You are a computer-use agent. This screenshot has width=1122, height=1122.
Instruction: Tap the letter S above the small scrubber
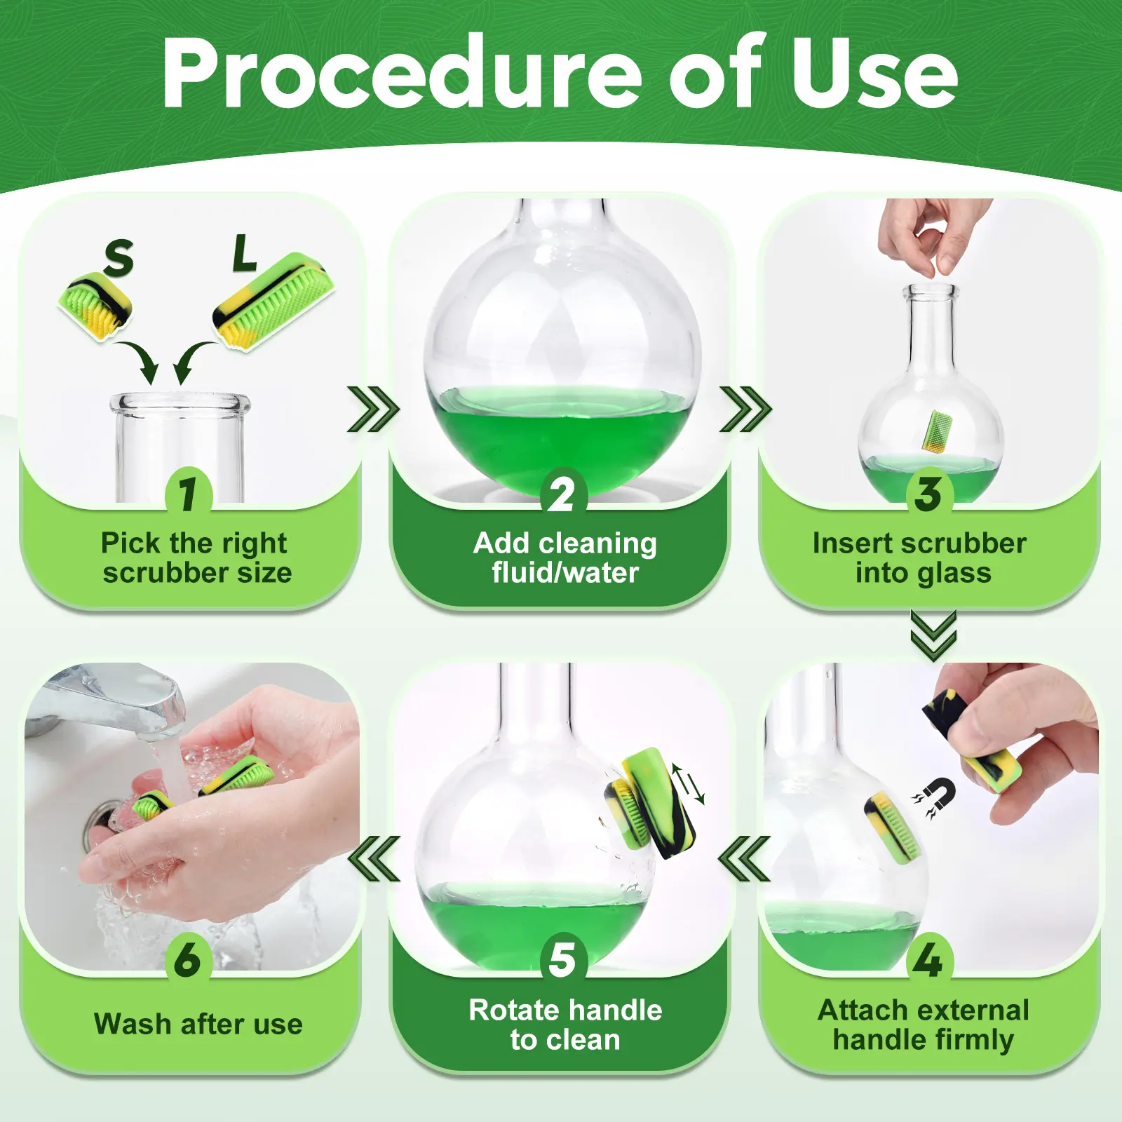click(119, 257)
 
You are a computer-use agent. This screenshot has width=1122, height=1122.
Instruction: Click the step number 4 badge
click(928, 960)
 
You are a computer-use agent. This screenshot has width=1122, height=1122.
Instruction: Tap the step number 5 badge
click(562, 960)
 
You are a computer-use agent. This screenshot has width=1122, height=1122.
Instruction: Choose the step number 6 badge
click(187, 960)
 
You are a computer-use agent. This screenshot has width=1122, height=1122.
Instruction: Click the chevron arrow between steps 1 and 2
click(373, 410)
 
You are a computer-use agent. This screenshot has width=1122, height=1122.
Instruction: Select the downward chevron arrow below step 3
click(933, 635)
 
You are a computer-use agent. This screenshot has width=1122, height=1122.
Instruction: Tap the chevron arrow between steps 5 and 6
click(374, 858)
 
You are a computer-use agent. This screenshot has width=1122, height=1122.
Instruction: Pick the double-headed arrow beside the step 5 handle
click(688, 783)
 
